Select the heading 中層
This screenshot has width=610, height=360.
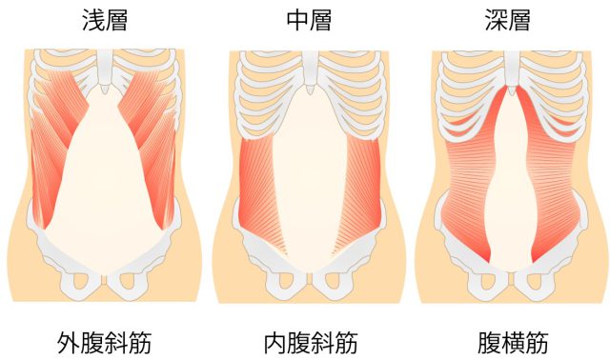click(309, 20)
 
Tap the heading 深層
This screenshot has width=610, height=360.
click(512, 20)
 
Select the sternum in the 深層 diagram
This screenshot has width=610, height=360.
click(512, 71)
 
